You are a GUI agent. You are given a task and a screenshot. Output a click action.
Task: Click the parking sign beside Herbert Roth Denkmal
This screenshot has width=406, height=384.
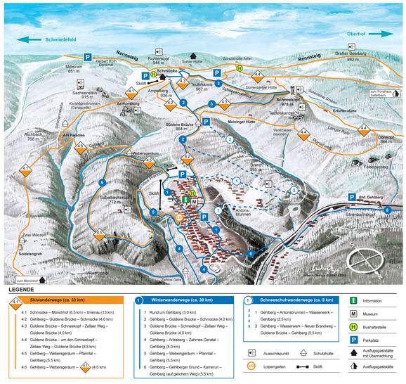[88, 56]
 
